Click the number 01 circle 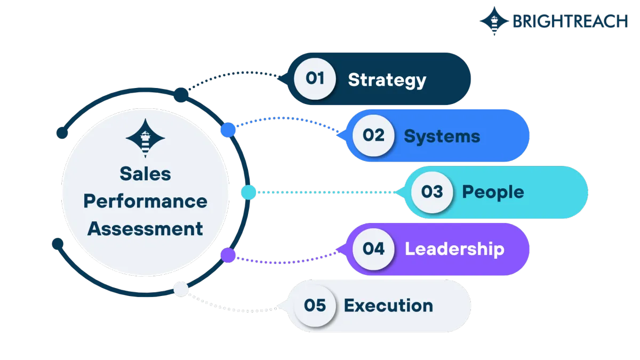315,78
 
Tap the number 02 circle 373,135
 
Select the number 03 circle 432,192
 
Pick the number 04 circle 373,249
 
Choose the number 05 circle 315,306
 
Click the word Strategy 387,81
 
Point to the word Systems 442,137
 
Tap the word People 493,193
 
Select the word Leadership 454,249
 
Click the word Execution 389,306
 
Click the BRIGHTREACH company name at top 570,21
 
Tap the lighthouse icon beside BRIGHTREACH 494,21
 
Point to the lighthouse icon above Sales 146,138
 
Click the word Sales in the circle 146,174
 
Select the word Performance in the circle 146,201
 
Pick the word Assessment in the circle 146,229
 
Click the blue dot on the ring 228,130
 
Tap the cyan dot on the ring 249,193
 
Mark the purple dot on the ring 228,255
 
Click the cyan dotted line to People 326,193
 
